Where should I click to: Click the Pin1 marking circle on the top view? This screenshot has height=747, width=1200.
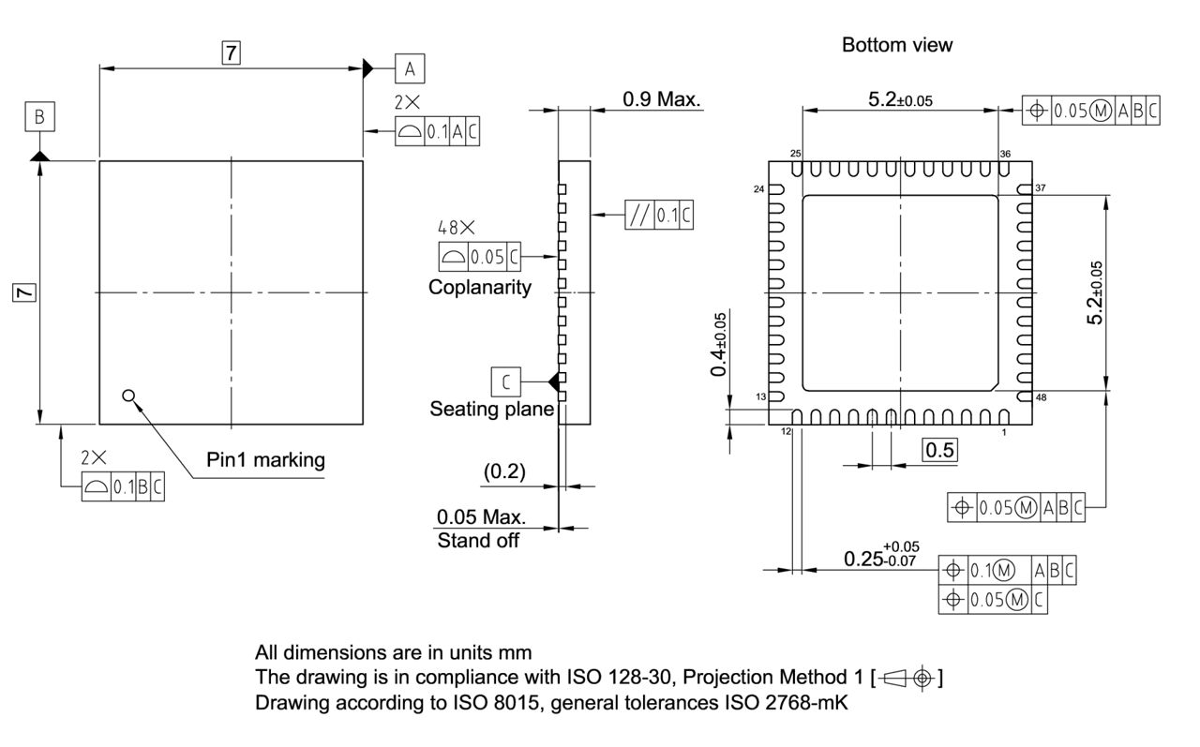point(128,396)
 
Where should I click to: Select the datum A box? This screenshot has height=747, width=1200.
point(410,67)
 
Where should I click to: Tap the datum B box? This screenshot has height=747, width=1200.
point(39,117)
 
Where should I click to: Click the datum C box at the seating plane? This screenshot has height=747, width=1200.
point(505,381)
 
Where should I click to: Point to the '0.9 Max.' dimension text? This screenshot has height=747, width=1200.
point(662,98)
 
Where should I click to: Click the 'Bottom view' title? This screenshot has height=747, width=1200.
point(896,45)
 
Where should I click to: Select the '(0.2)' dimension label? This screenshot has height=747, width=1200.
point(504,472)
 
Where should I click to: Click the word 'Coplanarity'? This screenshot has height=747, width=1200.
point(479,287)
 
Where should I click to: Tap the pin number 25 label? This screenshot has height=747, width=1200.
point(795,153)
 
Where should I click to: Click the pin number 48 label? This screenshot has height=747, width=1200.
point(1041,397)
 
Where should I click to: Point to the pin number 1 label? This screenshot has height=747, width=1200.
point(1004,432)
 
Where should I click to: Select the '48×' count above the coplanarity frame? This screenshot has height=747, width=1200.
point(457,227)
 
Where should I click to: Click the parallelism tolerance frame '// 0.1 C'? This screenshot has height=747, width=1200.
point(660,216)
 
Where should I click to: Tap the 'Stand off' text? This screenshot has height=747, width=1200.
point(478,541)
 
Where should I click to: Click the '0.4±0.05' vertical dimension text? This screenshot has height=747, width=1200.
point(719,345)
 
